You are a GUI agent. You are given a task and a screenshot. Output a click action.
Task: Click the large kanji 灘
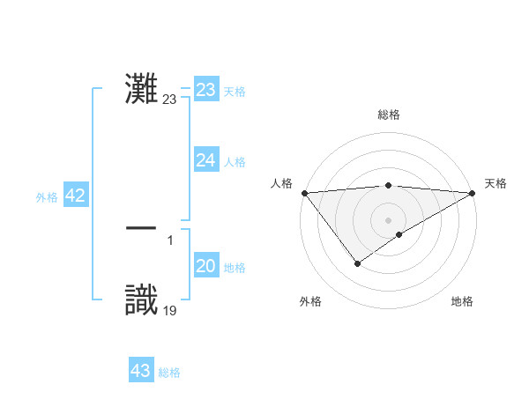coord(142,88)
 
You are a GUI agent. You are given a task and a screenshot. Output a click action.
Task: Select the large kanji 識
coord(142,299)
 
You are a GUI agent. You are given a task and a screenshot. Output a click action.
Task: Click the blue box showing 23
coord(205,90)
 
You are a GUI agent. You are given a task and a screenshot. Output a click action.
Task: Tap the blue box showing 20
coord(205,266)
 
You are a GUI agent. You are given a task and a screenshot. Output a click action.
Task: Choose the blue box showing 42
coord(75,196)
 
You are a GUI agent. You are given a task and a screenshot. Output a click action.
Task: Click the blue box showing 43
coord(140,371)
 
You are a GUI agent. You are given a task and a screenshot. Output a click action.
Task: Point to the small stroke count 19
coord(170,310)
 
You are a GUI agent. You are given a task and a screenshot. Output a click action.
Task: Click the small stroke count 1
coord(170,240)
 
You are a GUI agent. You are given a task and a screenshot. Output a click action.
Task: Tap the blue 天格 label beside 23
coord(235,92)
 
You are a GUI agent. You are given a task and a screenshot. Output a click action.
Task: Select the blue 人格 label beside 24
coord(235,162)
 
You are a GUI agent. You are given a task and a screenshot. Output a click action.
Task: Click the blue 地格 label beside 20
coord(235,268)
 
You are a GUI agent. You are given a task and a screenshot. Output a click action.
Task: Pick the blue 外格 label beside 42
coord(47,197)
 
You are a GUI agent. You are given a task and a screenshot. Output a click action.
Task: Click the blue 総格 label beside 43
coord(169,373)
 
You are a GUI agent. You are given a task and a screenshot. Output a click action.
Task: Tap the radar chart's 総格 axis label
coord(389,115)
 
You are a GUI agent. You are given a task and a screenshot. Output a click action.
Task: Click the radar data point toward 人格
coord(304,193)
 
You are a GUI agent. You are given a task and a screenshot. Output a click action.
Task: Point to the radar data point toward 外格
coord(357,263)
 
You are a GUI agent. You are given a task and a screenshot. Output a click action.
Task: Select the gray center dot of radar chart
coord(389,219)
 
